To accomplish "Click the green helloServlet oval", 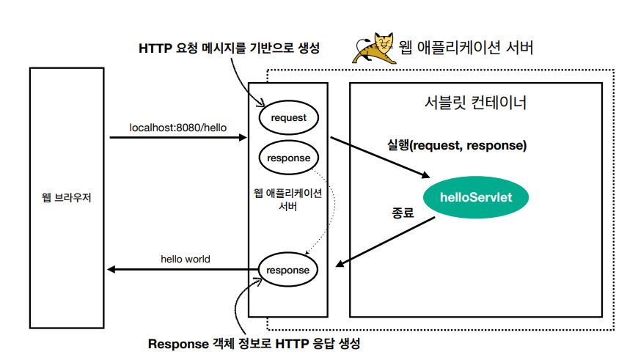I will pyautogui.click(x=474, y=197).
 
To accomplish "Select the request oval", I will pyautogui.click(x=288, y=117).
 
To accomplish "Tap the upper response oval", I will pyautogui.click(x=288, y=158).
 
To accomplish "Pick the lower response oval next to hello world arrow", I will pyautogui.click(x=288, y=270).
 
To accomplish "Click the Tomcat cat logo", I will pyautogui.click(x=375, y=48).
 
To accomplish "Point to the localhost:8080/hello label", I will pyautogui.click(x=178, y=127).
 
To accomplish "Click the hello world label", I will pyautogui.click(x=186, y=259).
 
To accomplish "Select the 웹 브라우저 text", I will pyautogui.click(x=67, y=198).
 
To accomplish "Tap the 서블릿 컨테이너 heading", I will pyautogui.click(x=476, y=103).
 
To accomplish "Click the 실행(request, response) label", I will pyautogui.click(x=457, y=145).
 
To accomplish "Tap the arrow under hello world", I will pyautogui.click(x=183, y=270).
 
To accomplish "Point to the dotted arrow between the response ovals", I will pyautogui.click(x=331, y=209).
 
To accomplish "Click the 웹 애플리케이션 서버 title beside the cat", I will pyautogui.click(x=465, y=48).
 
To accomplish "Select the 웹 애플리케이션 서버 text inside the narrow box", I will pyautogui.click(x=287, y=199).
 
